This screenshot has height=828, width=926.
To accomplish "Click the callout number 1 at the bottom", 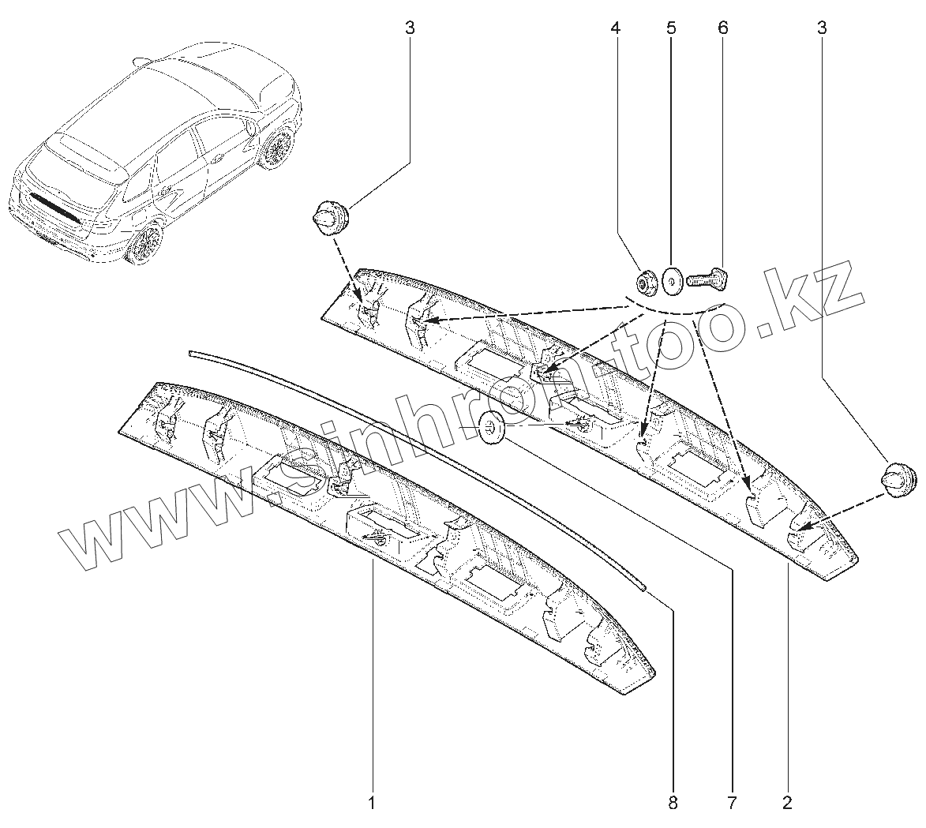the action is click(371, 804).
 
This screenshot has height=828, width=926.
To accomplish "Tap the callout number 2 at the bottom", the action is click(787, 804).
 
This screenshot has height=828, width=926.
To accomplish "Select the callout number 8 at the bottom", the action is click(673, 804).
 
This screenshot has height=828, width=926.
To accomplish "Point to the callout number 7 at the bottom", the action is click(731, 804).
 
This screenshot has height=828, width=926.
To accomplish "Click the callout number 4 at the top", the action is click(615, 28).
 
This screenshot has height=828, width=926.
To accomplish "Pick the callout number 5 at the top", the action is click(671, 28).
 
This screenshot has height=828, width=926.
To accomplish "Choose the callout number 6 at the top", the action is click(722, 28).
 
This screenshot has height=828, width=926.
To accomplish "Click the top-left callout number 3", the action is click(410, 28).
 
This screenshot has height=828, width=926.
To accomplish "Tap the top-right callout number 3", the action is click(822, 28).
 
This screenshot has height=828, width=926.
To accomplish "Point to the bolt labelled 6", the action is click(709, 278).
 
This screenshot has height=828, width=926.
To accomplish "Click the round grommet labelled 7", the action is click(493, 427).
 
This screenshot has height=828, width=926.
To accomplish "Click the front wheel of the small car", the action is click(276, 149).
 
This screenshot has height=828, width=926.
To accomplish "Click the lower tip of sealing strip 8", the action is click(643, 586).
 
